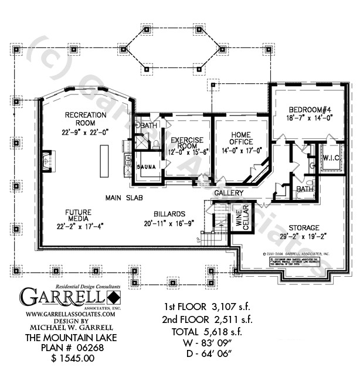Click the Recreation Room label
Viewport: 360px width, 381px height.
tap(86, 119)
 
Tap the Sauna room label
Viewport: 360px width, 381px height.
tap(146, 167)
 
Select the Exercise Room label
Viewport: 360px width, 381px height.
tap(186, 144)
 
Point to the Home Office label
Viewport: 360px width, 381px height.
tap(241, 138)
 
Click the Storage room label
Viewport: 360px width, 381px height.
tap(303, 227)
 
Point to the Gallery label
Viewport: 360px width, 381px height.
tap(229, 193)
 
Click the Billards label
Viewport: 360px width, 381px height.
tap(170, 215)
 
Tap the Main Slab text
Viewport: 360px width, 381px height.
tap(124, 198)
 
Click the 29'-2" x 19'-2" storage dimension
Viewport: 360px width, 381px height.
tap(303, 237)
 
